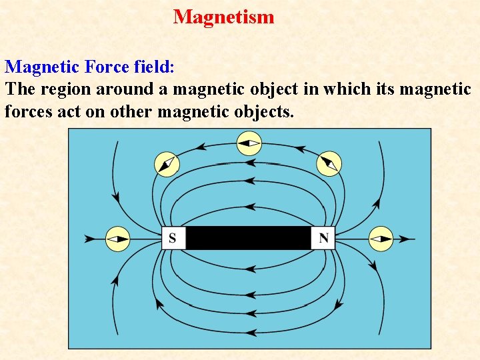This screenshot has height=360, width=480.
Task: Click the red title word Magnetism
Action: tap(223, 17)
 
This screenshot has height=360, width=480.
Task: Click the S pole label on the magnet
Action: tap(173, 238)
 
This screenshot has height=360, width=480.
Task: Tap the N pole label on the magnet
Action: tap(323, 238)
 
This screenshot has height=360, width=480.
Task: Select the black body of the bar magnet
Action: tap(248, 238)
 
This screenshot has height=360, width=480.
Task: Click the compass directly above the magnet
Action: tap(249, 143)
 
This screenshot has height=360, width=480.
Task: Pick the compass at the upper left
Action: tap(167, 164)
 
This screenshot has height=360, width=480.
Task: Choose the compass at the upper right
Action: tap(329, 163)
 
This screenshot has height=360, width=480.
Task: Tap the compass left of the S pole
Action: tap(118, 239)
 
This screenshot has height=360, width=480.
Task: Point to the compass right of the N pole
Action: tap(381, 239)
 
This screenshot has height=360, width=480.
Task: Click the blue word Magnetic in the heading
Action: tap(42, 67)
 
